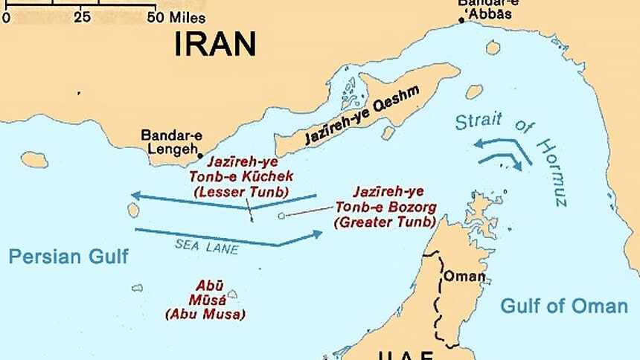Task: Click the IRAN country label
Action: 215,44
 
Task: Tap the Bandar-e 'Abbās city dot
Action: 461,20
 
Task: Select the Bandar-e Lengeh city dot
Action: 199,156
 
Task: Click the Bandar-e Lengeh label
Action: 170,143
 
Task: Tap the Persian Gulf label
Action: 68,257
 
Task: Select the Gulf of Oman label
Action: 563,306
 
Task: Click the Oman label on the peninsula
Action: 464,277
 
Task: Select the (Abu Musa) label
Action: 205,314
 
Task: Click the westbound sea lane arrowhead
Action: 135,196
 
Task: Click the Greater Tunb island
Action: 281,216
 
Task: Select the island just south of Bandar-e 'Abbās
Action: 493,48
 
